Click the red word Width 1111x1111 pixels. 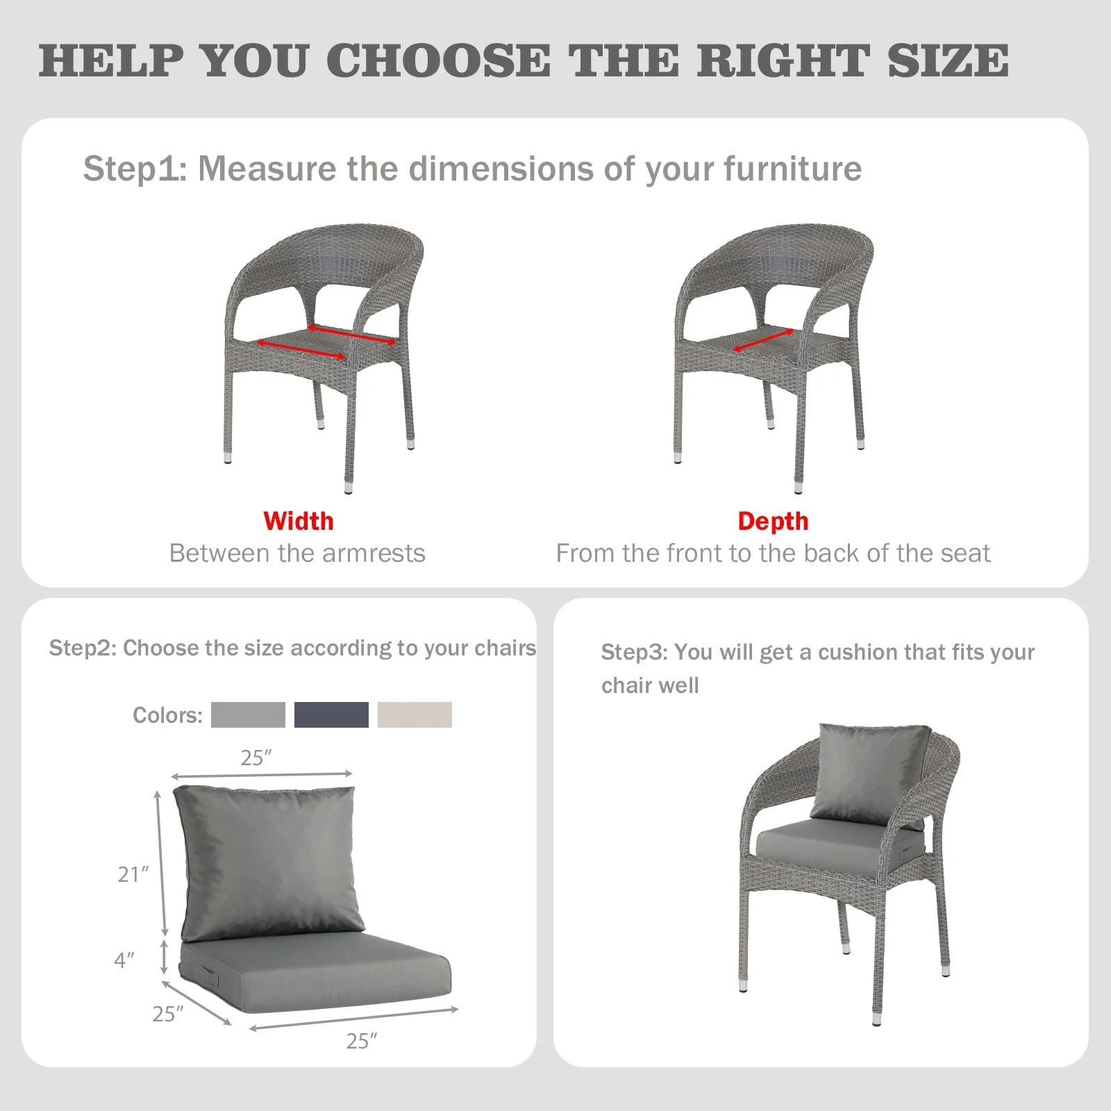[x=299, y=521]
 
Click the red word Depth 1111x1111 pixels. [x=773, y=521]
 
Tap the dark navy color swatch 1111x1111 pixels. [x=331, y=715]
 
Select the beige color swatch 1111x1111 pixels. [x=415, y=715]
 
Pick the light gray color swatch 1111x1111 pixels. [x=248, y=715]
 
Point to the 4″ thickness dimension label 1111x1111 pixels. [x=124, y=960]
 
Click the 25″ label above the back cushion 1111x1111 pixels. [x=256, y=758]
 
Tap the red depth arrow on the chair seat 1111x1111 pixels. [x=764, y=340]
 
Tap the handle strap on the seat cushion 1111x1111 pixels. [x=207, y=974]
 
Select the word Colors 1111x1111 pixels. [x=167, y=715]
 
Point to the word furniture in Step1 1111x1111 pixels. [x=792, y=169]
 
